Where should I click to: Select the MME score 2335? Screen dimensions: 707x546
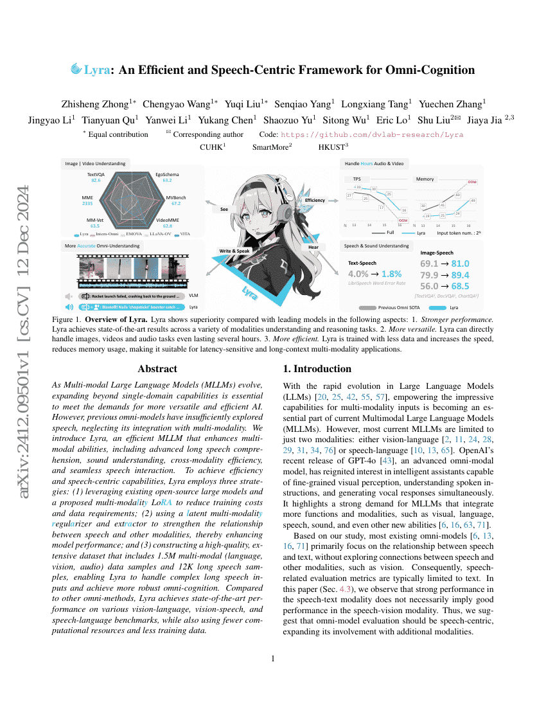[87, 203]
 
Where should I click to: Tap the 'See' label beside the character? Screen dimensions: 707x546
[224, 209]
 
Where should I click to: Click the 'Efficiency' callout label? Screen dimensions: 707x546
[315, 201]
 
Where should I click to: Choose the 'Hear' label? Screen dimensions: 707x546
[313, 247]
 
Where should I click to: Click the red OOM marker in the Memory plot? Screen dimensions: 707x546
[472, 183]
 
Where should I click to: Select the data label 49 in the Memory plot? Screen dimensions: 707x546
[473, 201]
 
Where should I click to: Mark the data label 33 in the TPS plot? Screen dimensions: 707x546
[358, 186]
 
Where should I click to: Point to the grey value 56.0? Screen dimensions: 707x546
[430, 286]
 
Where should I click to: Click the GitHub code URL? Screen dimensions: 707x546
[372, 134]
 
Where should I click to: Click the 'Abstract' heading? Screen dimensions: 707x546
[157, 369]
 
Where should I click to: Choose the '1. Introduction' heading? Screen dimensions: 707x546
[317, 369]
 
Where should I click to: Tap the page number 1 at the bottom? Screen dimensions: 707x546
[273, 658]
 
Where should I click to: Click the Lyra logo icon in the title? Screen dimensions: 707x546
[76, 69]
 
